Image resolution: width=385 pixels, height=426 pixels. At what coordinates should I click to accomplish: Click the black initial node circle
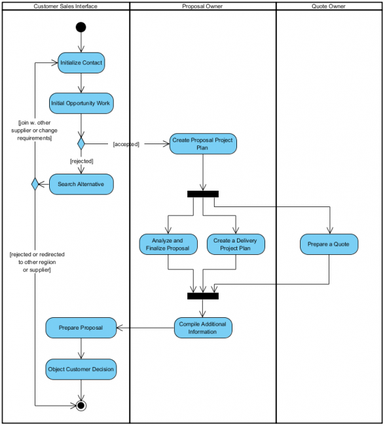click(x=81, y=27)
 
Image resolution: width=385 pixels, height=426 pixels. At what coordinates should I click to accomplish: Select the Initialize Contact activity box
click(x=81, y=63)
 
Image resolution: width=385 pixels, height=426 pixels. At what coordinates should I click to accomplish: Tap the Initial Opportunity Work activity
click(x=81, y=104)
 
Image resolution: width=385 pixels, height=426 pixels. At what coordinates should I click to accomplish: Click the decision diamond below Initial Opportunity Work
click(x=81, y=143)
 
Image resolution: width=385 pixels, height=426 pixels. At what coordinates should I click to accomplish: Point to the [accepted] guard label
click(x=126, y=144)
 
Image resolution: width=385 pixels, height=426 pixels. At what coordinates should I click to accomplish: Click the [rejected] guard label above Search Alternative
click(x=81, y=161)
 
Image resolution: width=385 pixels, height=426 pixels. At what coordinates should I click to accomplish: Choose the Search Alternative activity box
click(x=81, y=184)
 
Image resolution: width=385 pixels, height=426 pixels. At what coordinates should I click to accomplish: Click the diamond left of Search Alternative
click(x=35, y=184)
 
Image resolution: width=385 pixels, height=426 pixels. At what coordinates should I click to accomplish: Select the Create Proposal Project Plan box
click(x=202, y=144)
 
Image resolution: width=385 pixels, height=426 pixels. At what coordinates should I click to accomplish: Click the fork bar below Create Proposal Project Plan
click(x=202, y=194)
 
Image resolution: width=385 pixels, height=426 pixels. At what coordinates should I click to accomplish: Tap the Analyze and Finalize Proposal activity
click(x=168, y=244)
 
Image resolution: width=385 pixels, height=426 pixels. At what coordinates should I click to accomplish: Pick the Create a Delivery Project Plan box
click(x=235, y=244)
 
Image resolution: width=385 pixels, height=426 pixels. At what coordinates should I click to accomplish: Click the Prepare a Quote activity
click(x=329, y=244)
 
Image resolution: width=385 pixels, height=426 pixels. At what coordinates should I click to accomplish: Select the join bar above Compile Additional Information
click(x=202, y=296)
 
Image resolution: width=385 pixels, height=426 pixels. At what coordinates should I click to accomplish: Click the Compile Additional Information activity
click(x=202, y=328)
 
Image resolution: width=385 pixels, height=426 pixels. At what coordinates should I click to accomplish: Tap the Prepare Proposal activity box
click(x=81, y=328)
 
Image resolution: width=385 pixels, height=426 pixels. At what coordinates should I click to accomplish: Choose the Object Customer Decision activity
click(x=81, y=369)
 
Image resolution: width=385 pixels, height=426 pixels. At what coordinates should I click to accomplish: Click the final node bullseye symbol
click(x=81, y=405)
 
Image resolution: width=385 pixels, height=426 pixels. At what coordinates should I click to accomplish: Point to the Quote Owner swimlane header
click(x=329, y=6)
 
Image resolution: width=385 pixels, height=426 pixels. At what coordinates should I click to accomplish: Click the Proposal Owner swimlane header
click(x=202, y=6)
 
